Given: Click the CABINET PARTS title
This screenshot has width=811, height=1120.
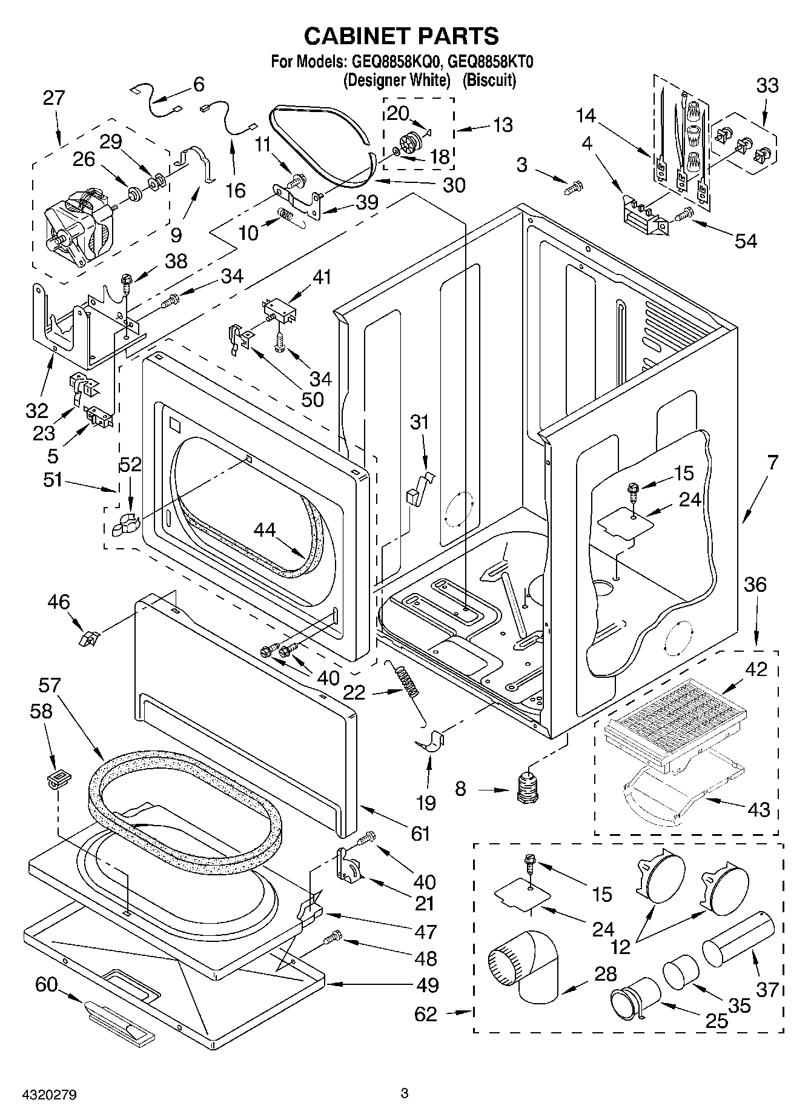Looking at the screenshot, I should pyautogui.click(x=401, y=36).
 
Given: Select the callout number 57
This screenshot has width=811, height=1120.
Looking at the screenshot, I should pyautogui.click(x=49, y=686).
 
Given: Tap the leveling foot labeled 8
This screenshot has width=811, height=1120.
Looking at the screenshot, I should pyautogui.click(x=529, y=789).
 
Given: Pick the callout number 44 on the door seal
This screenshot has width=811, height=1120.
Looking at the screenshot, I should pyautogui.click(x=264, y=530).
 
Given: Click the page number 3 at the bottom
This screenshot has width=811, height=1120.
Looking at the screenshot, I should pyautogui.click(x=405, y=1094).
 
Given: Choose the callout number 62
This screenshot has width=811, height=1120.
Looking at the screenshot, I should pyautogui.click(x=425, y=1014).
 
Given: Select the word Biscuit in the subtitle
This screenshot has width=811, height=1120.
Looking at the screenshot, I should pyautogui.click(x=489, y=79).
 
